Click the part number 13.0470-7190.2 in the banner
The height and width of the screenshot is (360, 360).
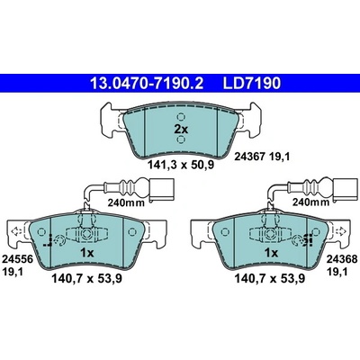[x=147, y=84]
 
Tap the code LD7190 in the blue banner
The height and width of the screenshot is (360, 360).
[x=251, y=84]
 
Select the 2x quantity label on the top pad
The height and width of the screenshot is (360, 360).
[x=181, y=130]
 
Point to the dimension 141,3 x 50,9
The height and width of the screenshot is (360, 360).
[x=181, y=165]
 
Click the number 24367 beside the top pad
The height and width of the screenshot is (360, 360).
[x=248, y=157]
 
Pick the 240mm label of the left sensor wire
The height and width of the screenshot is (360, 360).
[x=126, y=202]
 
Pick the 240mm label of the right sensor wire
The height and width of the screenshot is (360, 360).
[x=310, y=202]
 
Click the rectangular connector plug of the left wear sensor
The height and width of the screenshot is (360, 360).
[x=161, y=190]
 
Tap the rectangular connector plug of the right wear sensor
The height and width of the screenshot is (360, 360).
[x=346, y=190]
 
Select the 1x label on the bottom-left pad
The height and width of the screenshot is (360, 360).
[x=87, y=253]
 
